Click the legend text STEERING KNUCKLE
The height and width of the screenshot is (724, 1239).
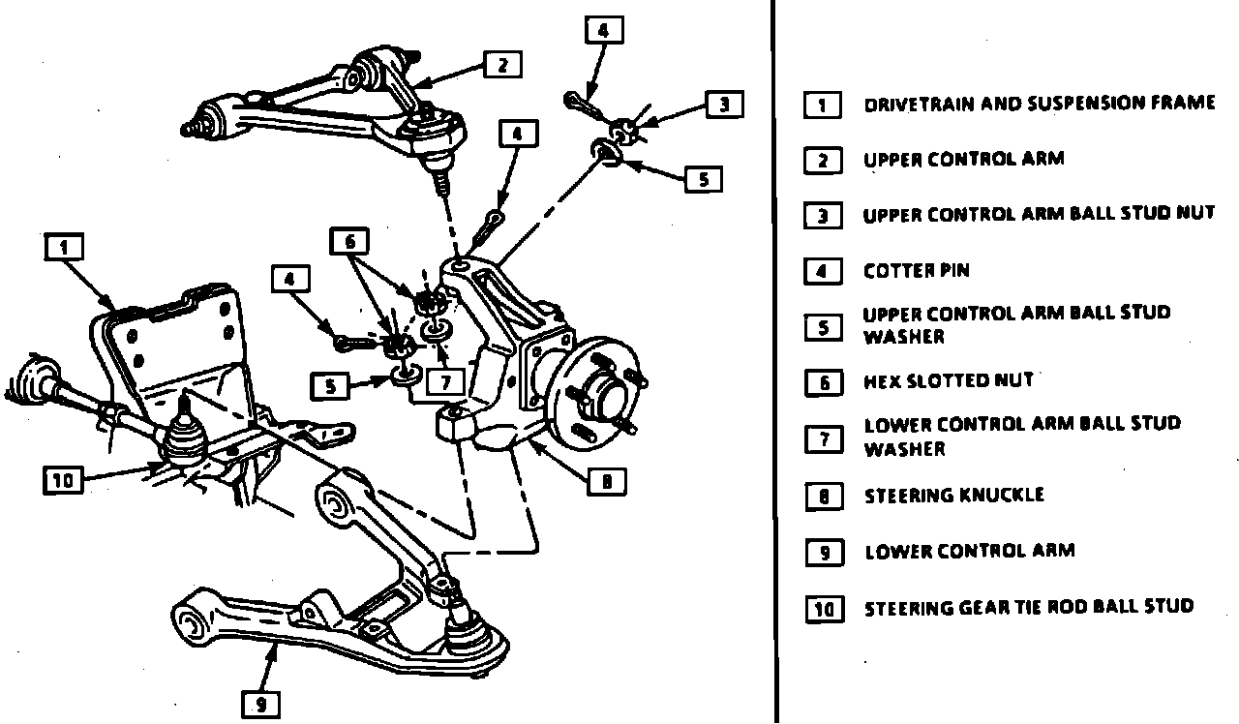[953, 496]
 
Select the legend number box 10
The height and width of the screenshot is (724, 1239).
[823, 609]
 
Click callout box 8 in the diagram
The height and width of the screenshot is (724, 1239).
[606, 481]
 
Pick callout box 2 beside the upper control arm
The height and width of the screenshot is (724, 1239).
[502, 65]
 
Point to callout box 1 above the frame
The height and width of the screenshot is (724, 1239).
[65, 248]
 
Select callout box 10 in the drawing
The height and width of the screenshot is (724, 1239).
[63, 479]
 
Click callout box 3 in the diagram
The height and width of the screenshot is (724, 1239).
[724, 105]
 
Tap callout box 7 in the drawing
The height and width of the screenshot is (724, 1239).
[445, 382]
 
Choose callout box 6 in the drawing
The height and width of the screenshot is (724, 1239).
[349, 242]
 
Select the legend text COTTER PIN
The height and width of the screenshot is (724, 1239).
[916, 271]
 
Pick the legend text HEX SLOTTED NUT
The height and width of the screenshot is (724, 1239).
[948, 381]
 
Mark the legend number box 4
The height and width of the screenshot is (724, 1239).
[823, 271]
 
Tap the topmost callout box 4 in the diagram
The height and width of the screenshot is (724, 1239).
[604, 30]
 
